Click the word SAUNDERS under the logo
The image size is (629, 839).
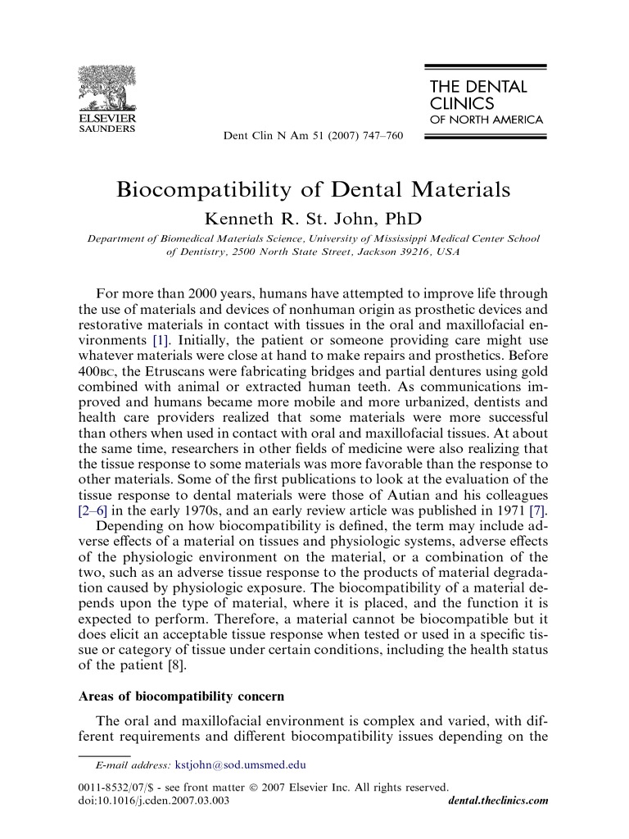pos(106,129)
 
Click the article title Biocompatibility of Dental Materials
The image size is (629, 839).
pos(314,189)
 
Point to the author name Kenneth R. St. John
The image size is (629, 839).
pos(314,218)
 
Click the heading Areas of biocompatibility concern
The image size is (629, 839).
pos(181,697)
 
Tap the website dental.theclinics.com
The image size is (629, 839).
pos(499,800)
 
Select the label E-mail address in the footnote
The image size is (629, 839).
pos(134,765)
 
